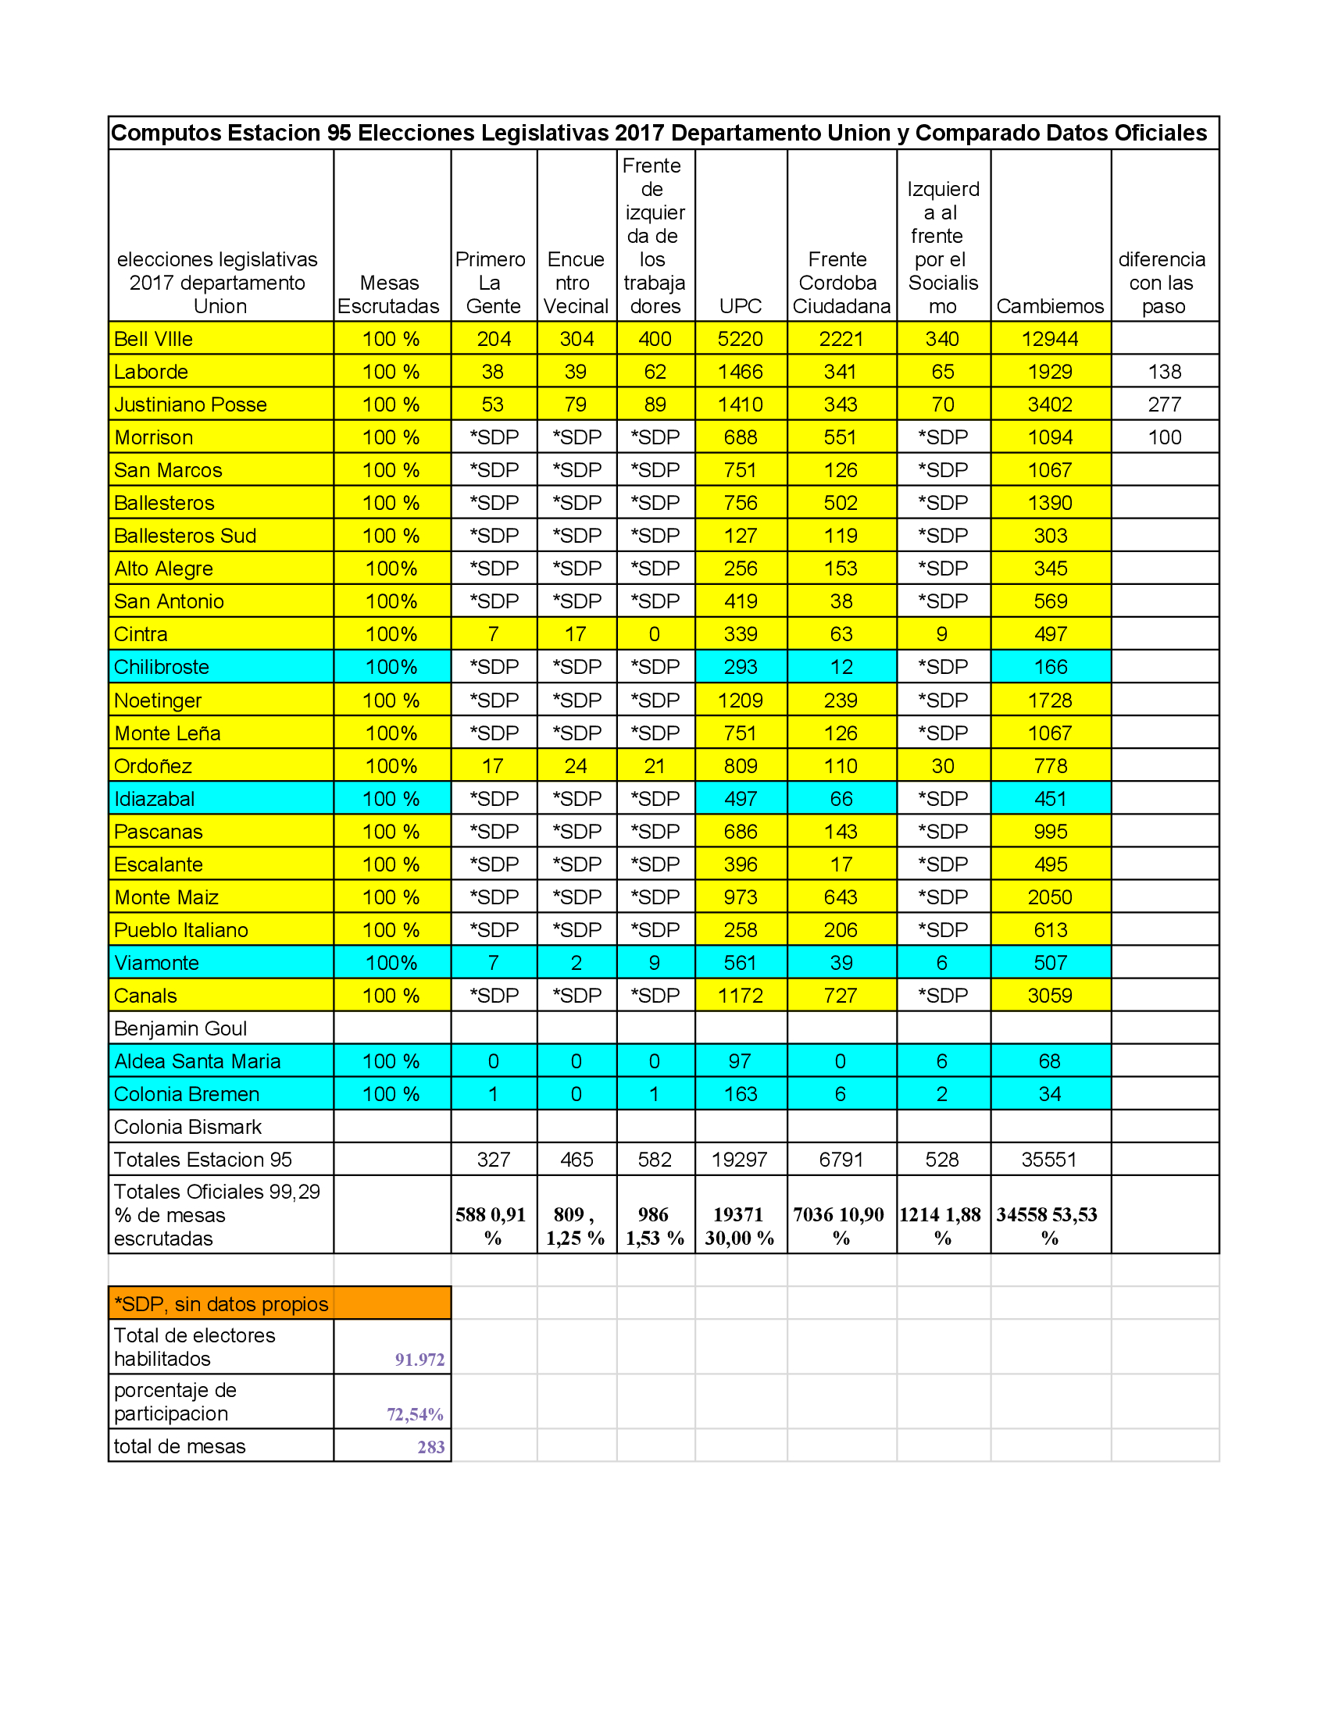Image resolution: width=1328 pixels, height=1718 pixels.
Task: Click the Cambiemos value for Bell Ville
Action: tap(1049, 339)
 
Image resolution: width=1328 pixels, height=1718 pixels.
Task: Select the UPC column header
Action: tap(741, 306)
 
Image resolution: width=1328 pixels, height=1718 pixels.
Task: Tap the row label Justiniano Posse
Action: tap(191, 405)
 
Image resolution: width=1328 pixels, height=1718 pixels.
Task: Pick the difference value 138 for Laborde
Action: tap(1165, 372)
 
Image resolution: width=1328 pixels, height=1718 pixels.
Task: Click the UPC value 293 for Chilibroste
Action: tap(741, 667)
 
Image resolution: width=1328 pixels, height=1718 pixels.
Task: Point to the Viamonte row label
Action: tap(156, 963)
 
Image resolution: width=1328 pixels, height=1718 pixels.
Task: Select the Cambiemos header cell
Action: tap(1049, 306)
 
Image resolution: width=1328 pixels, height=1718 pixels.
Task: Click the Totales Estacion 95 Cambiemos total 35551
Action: tap(1048, 1160)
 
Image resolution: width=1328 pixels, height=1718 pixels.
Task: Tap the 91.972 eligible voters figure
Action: tap(419, 1360)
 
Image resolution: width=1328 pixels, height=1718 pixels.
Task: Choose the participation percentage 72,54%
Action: tap(415, 1414)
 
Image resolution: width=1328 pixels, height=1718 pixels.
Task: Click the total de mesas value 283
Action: tap(430, 1446)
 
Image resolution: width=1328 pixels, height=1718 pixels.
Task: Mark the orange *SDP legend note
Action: tap(221, 1304)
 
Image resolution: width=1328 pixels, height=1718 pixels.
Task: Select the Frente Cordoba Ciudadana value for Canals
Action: tap(841, 996)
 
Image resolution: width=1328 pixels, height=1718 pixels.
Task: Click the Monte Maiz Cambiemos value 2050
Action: tap(1049, 897)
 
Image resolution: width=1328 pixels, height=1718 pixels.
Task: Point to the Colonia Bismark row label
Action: tap(187, 1127)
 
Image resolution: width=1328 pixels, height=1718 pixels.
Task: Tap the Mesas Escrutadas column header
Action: tap(389, 295)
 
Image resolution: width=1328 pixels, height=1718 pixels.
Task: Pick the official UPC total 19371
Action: tap(738, 1214)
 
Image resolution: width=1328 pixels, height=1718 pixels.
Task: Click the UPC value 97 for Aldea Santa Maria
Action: tap(740, 1061)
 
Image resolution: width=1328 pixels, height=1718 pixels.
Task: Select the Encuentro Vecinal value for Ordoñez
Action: tap(576, 766)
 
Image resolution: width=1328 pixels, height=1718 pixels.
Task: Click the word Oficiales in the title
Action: tap(1159, 133)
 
